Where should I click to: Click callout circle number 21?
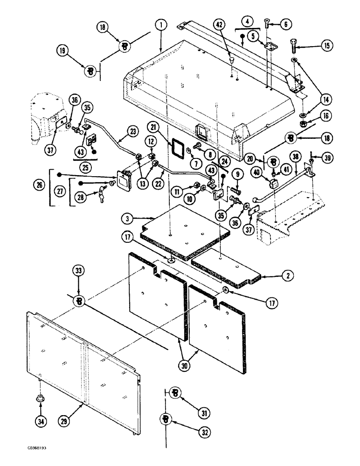(155, 127)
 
